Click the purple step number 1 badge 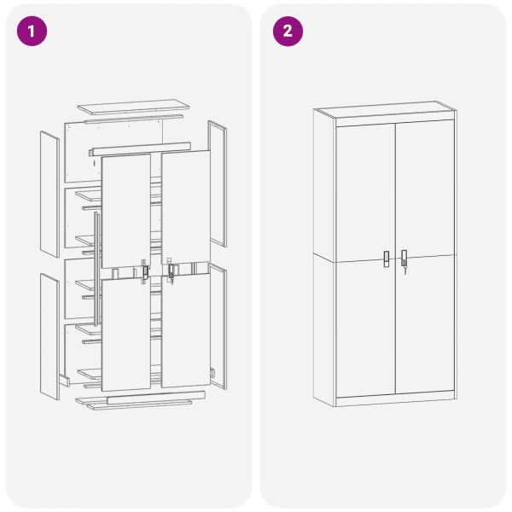coord(32,32)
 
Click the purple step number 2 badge coord(288,32)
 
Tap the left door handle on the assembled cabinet coord(387,258)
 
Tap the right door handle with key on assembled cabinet coord(404,257)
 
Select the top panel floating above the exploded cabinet coord(133,108)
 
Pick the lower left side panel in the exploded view coord(49,337)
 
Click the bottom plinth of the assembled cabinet coord(395,401)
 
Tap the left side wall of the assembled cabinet coord(324,256)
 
